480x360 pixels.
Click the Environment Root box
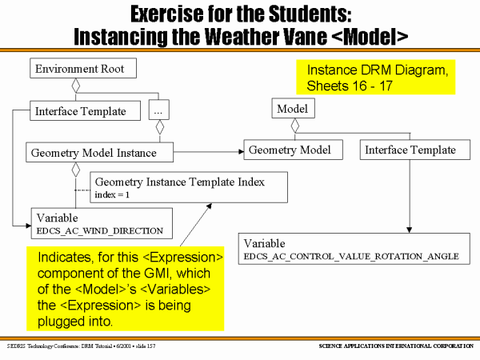83,69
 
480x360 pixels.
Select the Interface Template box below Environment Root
79,110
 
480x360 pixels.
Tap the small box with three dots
158,111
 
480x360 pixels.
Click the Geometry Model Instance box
93,151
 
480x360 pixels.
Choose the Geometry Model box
294,150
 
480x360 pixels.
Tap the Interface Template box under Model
410,150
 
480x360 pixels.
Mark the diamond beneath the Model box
295,125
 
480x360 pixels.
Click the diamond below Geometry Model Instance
75,168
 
